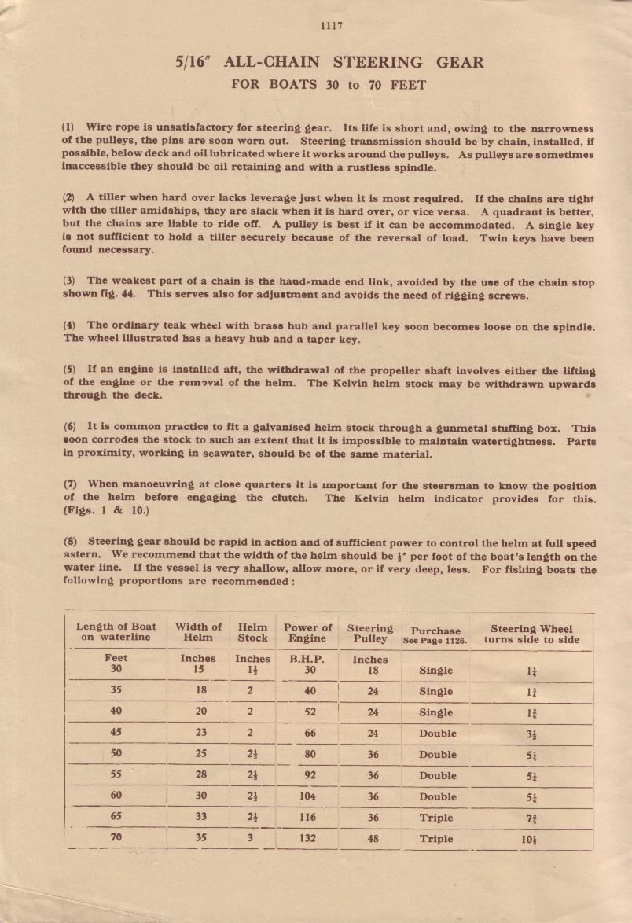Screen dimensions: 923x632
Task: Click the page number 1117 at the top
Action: pos(332,25)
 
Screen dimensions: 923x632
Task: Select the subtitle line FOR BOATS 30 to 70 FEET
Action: pos(329,85)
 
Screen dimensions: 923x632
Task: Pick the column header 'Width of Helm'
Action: pos(198,632)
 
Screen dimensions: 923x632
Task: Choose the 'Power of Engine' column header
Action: pos(308,632)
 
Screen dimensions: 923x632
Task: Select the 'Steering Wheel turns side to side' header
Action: pos(531,634)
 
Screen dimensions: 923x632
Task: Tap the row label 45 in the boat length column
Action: pos(116,733)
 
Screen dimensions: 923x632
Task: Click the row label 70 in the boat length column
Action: pos(116,837)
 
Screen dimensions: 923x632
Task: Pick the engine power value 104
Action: pos(308,796)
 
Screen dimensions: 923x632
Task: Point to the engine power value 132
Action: pos(308,838)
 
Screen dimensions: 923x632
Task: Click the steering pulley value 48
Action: pos(373,838)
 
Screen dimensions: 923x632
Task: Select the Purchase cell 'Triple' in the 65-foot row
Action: pos(436,817)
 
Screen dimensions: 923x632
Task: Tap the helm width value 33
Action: pos(200,817)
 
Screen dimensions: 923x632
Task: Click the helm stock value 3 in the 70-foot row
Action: pos(252,838)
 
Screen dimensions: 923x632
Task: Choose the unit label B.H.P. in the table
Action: pos(309,659)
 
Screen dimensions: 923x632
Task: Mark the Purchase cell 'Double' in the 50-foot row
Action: pos(437,754)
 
